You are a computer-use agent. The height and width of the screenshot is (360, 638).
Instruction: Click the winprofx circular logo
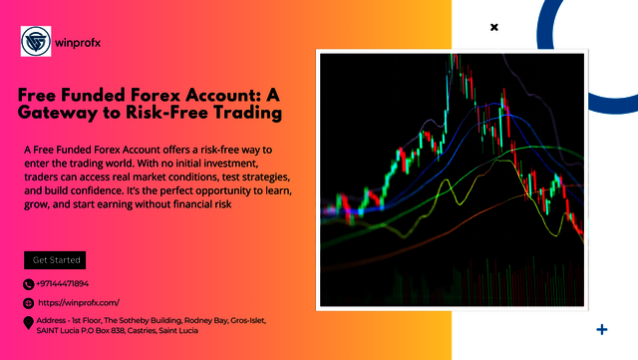click(x=37, y=42)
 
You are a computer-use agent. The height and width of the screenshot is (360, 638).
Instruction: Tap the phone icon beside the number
click(x=28, y=283)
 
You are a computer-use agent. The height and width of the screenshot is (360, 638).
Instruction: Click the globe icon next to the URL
click(x=28, y=302)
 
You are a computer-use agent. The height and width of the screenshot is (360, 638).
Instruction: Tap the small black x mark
click(x=493, y=28)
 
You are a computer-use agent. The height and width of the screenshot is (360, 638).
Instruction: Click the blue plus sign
click(x=601, y=328)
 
